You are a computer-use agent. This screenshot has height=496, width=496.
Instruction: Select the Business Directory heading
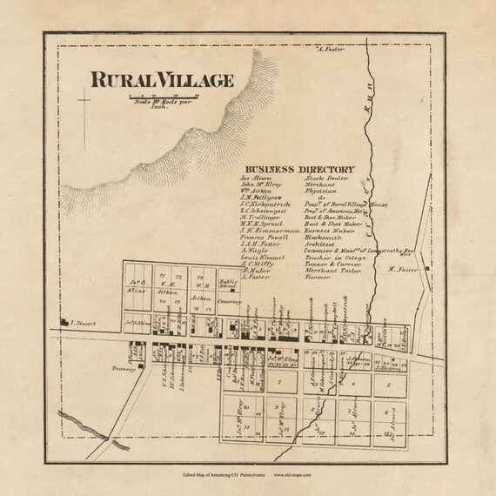298,169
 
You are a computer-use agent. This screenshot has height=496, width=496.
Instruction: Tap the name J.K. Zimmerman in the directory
268,231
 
